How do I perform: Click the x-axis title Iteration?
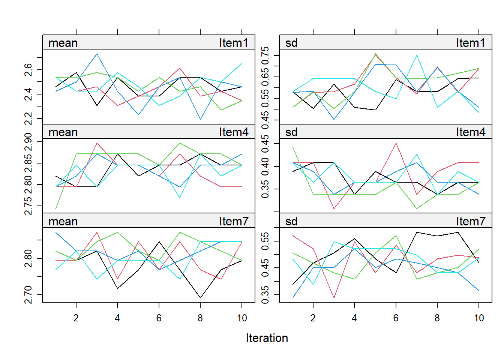pyautogui.click(x=267, y=338)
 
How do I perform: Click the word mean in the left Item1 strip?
pyautogui.click(x=63, y=43)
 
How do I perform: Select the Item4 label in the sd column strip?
pyautogui.click(x=471, y=132)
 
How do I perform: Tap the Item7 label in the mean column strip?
pyautogui.click(x=234, y=221)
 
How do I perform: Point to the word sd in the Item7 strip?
pyautogui.click(x=291, y=221)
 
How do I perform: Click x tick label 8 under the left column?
pyautogui.click(x=200, y=318)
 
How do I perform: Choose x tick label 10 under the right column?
pyautogui.click(x=479, y=318)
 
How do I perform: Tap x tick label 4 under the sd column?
pyautogui.click(x=354, y=318)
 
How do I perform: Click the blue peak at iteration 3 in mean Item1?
pyautogui.click(x=97, y=54)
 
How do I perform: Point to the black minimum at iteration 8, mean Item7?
pyautogui.click(x=201, y=298)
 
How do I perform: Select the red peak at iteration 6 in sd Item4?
pyautogui.click(x=396, y=143)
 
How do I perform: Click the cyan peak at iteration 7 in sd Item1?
pyautogui.click(x=417, y=55)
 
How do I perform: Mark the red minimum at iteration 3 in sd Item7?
pyautogui.click(x=334, y=298)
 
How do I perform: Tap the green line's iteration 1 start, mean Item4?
pyautogui.click(x=56, y=208)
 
